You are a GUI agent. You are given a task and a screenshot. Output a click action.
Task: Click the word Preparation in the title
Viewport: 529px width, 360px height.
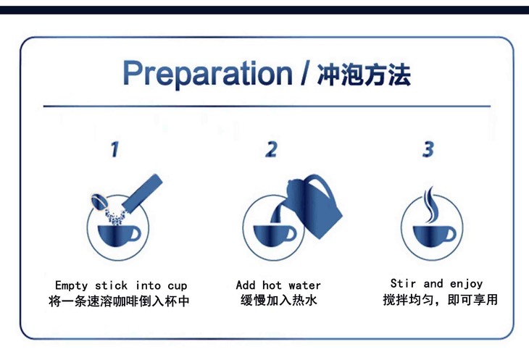(207, 74)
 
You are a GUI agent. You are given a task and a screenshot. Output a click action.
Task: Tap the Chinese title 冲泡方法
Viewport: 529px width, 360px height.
(364, 75)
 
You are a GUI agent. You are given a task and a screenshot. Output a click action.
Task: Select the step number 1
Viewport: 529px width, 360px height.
(114, 149)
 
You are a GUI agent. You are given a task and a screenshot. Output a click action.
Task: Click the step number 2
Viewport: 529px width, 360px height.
(271, 149)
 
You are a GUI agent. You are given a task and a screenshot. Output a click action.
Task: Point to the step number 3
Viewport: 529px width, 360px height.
(428, 149)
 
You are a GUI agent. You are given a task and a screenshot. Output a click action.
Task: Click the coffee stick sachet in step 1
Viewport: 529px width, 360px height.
(142, 192)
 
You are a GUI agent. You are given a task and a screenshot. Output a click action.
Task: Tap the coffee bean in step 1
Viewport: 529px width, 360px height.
(99, 201)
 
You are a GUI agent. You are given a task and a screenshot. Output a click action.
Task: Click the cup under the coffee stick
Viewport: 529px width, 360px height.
(119, 235)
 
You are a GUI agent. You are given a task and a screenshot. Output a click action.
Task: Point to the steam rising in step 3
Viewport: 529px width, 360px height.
(430, 204)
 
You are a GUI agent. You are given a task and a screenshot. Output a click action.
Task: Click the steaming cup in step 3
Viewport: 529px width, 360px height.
(434, 235)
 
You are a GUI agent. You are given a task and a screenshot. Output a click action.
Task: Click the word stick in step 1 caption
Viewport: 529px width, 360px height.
(111, 285)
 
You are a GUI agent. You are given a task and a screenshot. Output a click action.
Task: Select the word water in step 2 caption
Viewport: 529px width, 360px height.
(304, 285)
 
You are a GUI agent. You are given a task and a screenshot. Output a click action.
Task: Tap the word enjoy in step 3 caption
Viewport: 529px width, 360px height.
(466, 284)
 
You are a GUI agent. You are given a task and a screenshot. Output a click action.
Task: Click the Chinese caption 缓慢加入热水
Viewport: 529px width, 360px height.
(279, 300)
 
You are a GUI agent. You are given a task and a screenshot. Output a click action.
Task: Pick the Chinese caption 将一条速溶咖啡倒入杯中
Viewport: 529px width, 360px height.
(119, 301)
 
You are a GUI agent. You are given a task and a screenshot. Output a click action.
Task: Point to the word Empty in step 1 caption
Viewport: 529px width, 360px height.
(72, 286)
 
